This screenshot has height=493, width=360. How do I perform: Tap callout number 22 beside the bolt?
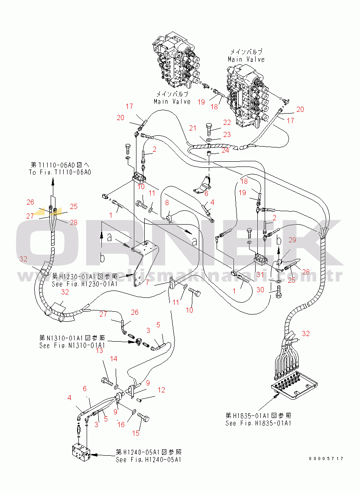227,123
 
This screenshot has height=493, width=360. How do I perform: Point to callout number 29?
292,239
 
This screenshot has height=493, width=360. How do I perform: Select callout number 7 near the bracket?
159,282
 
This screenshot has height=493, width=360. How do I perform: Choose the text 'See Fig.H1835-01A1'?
258,423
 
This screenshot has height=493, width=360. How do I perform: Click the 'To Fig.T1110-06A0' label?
60,172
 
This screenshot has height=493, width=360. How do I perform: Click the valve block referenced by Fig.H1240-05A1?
82,453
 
